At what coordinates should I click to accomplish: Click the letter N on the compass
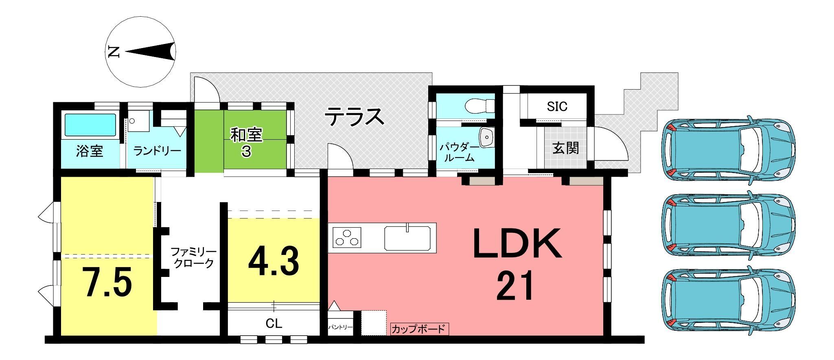pos(114,52)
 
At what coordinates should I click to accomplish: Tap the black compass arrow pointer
pos(151,52)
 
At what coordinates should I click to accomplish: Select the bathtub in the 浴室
pos(90,125)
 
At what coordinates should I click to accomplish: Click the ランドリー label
pos(157,151)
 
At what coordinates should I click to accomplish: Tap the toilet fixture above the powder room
pos(480,106)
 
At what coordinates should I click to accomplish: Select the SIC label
pos(557,107)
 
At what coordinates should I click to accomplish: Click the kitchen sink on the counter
pos(407,238)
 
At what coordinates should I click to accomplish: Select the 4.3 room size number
pos(274,261)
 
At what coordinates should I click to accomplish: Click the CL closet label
pos(274,324)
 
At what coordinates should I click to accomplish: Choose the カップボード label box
pos(419,329)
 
